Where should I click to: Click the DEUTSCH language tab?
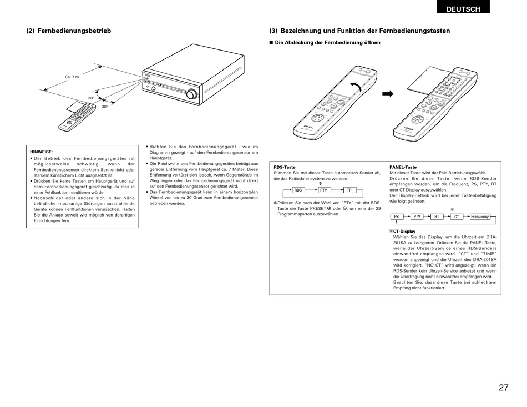(464, 9)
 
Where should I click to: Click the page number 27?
(503, 388)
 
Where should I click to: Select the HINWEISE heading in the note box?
(41, 152)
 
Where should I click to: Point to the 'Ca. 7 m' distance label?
(72, 77)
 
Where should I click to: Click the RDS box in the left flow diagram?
(297, 190)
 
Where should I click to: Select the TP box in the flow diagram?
(348, 190)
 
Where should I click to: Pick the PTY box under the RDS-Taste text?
(323, 190)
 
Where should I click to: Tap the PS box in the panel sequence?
(397, 217)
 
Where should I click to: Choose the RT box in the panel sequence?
(437, 217)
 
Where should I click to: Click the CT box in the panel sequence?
(457, 217)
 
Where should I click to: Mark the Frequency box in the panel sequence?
(480, 217)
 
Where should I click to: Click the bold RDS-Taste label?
(285, 167)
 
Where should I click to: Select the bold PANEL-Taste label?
(403, 167)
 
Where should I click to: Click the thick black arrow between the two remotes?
(387, 94)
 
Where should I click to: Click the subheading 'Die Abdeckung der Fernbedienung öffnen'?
(328, 43)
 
